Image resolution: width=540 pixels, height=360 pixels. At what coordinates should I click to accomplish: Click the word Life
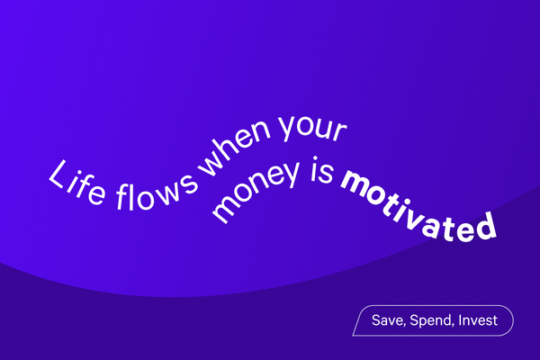coord(76,179)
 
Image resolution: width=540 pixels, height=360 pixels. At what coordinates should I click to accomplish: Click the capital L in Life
coord(57,174)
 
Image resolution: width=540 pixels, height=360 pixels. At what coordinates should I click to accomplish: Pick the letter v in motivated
coord(411,204)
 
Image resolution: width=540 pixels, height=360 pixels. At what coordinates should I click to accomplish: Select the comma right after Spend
coord(456,325)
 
